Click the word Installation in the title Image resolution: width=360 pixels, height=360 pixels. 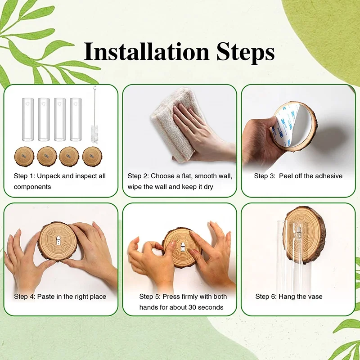(146, 51)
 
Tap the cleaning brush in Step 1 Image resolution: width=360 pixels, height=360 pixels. (95, 115)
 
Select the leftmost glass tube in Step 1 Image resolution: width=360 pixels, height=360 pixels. (28, 119)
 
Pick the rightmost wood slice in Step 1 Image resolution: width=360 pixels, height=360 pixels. (92, 156)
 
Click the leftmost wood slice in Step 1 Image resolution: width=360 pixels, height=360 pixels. (24, 156)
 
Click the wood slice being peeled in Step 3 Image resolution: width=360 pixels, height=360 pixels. (295, 126)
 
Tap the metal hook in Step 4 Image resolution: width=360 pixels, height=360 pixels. (58, 241)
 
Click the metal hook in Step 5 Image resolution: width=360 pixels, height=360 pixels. (183, 246)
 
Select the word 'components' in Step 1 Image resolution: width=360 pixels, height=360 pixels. (32, 187)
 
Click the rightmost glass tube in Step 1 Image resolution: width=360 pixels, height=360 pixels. (76, 119)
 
